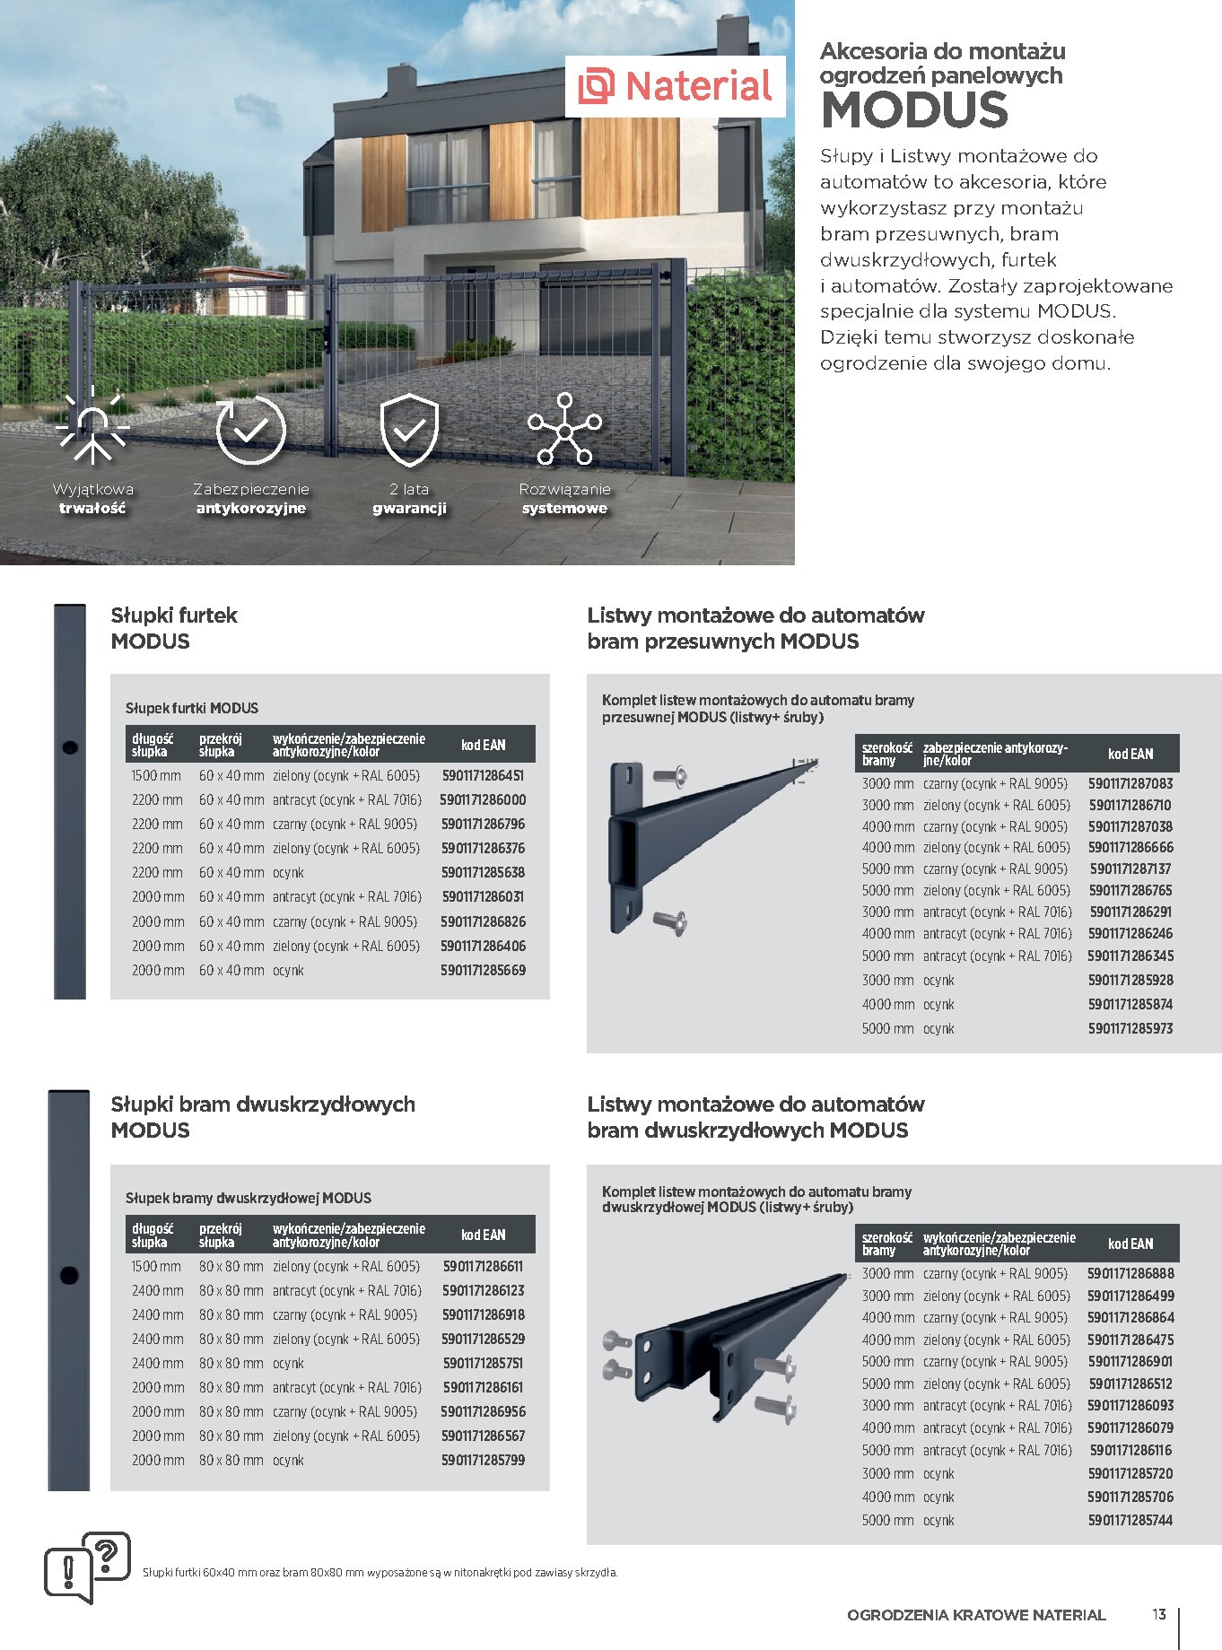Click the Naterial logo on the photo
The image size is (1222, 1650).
[x=676, y=86]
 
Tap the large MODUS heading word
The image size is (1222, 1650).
[x=914, y=110]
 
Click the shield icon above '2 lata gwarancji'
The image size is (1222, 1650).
[x=409, y=430]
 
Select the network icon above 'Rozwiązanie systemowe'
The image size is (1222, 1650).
[x=564, y=430]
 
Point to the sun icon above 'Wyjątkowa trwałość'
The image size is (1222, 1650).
[x=92, y=428]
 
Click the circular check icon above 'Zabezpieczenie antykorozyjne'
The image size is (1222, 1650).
[x=250, y=430]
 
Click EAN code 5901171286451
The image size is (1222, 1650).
[x=483, y=775]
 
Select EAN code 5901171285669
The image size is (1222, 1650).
[x=483, y=970]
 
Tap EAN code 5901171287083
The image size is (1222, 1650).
[x=1130, y=783]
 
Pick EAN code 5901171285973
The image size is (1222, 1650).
[x=1130, y=1028]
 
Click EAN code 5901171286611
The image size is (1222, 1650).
[x=483, y=1266]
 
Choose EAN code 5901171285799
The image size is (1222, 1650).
[x=483, y=1460]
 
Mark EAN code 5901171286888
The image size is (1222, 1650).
[x=1130, y=1273]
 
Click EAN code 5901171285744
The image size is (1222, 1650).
[x=1130, y=1520]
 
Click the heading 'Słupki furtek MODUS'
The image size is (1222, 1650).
[x=174, y=628]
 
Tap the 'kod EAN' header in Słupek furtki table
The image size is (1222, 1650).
[x=483, y=745]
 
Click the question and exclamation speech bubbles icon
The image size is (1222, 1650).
[x=87, y=1567]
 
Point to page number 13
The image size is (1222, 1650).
[x=1159, y=1614]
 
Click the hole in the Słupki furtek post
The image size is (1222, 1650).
[x=70, y=746]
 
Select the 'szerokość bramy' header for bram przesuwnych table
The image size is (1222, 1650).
[x=886, y=754]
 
